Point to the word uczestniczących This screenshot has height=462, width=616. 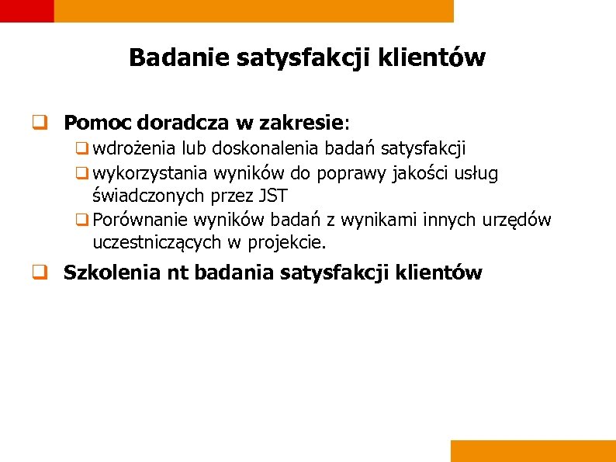(157, 243)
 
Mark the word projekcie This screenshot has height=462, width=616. (286, 243)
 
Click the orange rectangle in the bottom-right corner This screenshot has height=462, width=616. (532, 450)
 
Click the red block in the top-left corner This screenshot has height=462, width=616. (26, 10)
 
